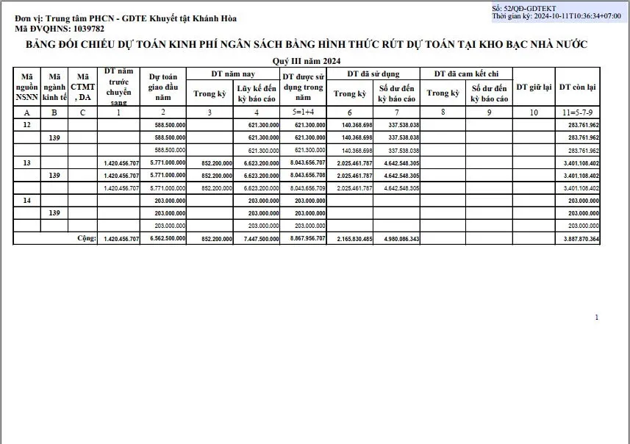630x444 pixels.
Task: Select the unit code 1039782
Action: point(81,29)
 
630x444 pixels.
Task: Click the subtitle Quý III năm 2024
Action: point(307,60)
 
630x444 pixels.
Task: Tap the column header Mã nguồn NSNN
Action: point(26,86)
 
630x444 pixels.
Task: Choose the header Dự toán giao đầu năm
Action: point(163,86)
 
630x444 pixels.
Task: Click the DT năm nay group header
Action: point(232,74)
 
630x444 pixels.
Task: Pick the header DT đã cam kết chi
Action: point(466,74)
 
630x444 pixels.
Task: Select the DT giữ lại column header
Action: point(534,87)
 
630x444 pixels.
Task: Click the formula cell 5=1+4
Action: point(303,112)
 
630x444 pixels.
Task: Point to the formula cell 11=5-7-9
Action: point(578,112)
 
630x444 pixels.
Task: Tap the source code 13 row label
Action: point(26,163)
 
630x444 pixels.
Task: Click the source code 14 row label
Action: point(26,200)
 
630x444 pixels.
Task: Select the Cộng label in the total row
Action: point(87,239)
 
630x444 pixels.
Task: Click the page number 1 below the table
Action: point(596,318)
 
